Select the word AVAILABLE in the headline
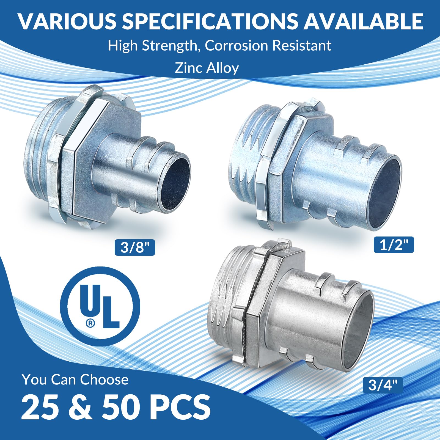[363, 21]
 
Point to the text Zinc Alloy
[207, 68]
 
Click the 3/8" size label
[134, 248]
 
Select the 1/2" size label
[394, 245]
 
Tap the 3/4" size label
[383, 385]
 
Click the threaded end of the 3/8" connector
[38, 157]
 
